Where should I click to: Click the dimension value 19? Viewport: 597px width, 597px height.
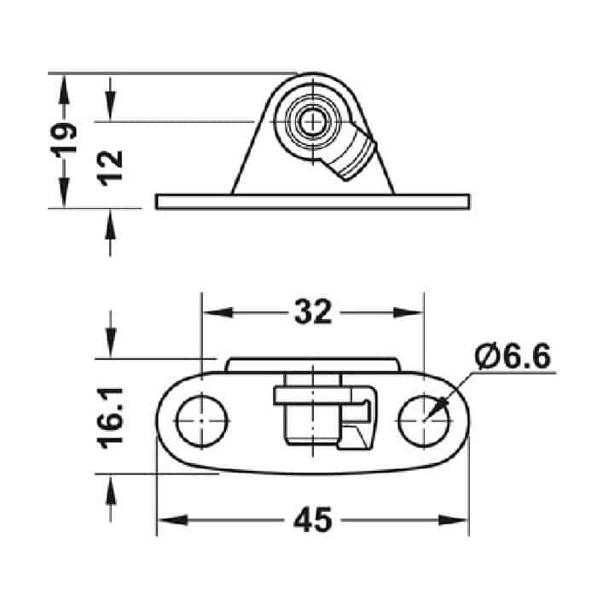click(64, 141)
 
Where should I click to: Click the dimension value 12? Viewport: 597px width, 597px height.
click(110, 168)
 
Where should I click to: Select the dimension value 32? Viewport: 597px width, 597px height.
click(313, 312)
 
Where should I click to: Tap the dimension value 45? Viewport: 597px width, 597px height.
click(313, 519)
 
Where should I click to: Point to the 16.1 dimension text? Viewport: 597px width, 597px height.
click(110, 418)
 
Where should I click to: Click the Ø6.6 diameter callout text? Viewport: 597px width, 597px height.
click(513, 356)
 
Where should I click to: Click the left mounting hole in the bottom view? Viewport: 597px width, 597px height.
click(202, 421)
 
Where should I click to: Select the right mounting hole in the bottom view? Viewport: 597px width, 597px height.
click(424, 421)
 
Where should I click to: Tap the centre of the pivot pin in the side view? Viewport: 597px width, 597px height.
click(312, 122)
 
